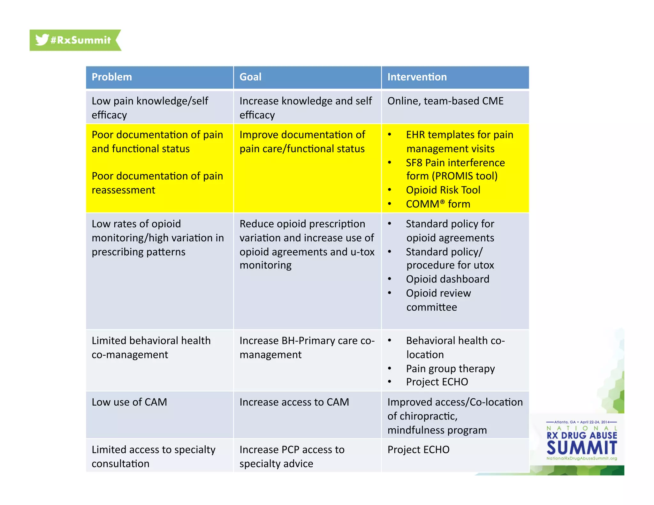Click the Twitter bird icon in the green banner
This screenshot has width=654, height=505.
pyautogui.click(x=42, y=40)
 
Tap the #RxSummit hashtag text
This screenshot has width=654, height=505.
pyautogui.click(x=80, y=40)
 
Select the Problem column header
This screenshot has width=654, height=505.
pyautogui.click(x=112, y=77)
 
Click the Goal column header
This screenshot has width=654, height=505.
pyautogui.click(x=250, y=77)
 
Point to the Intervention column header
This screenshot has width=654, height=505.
pyautogui.click(x=417, y=77)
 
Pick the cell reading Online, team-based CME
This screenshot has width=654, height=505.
pyautogui.click(x=445, y=101)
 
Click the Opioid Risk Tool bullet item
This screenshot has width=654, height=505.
pyautogui.click(x=443, y=190)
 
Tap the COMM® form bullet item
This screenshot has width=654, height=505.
pyautogui.click(x=438, y=204)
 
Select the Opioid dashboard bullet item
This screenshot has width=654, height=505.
pyautogui.click(x=447, y=279)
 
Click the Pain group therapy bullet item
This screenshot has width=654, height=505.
pyautogui.click(x=450, y=369)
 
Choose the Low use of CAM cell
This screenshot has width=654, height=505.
pyautogui.click(x=129, y=402)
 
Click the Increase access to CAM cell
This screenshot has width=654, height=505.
pyautogui.click(x=294, y=402)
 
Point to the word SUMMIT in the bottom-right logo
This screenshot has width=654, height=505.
pyautogui.click(x=582, y=448)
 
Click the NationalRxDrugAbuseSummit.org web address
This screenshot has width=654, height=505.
pyautogui.click(x=582, y=458)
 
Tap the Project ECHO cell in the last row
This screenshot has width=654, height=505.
pyautogui.click(x=418, y=450)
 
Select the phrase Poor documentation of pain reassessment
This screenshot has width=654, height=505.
pyautogui.click(x=157, y=183)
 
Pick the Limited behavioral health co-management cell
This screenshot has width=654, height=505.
pyautogui.click(x=151, y=348)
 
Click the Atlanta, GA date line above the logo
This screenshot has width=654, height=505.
pyautogui.click(x=582, y=422)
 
